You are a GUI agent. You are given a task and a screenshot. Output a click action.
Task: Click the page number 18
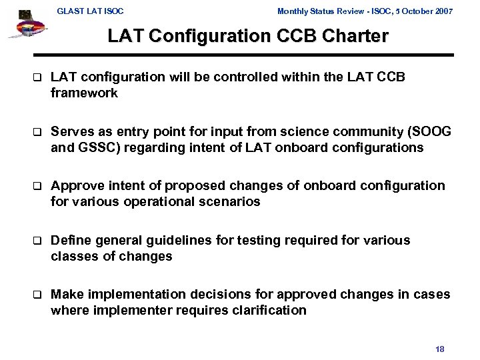[x=439, y=349]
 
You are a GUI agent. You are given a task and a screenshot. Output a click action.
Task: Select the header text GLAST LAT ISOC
[x=90, y=11]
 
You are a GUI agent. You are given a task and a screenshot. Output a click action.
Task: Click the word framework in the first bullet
[x=85, y=93]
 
